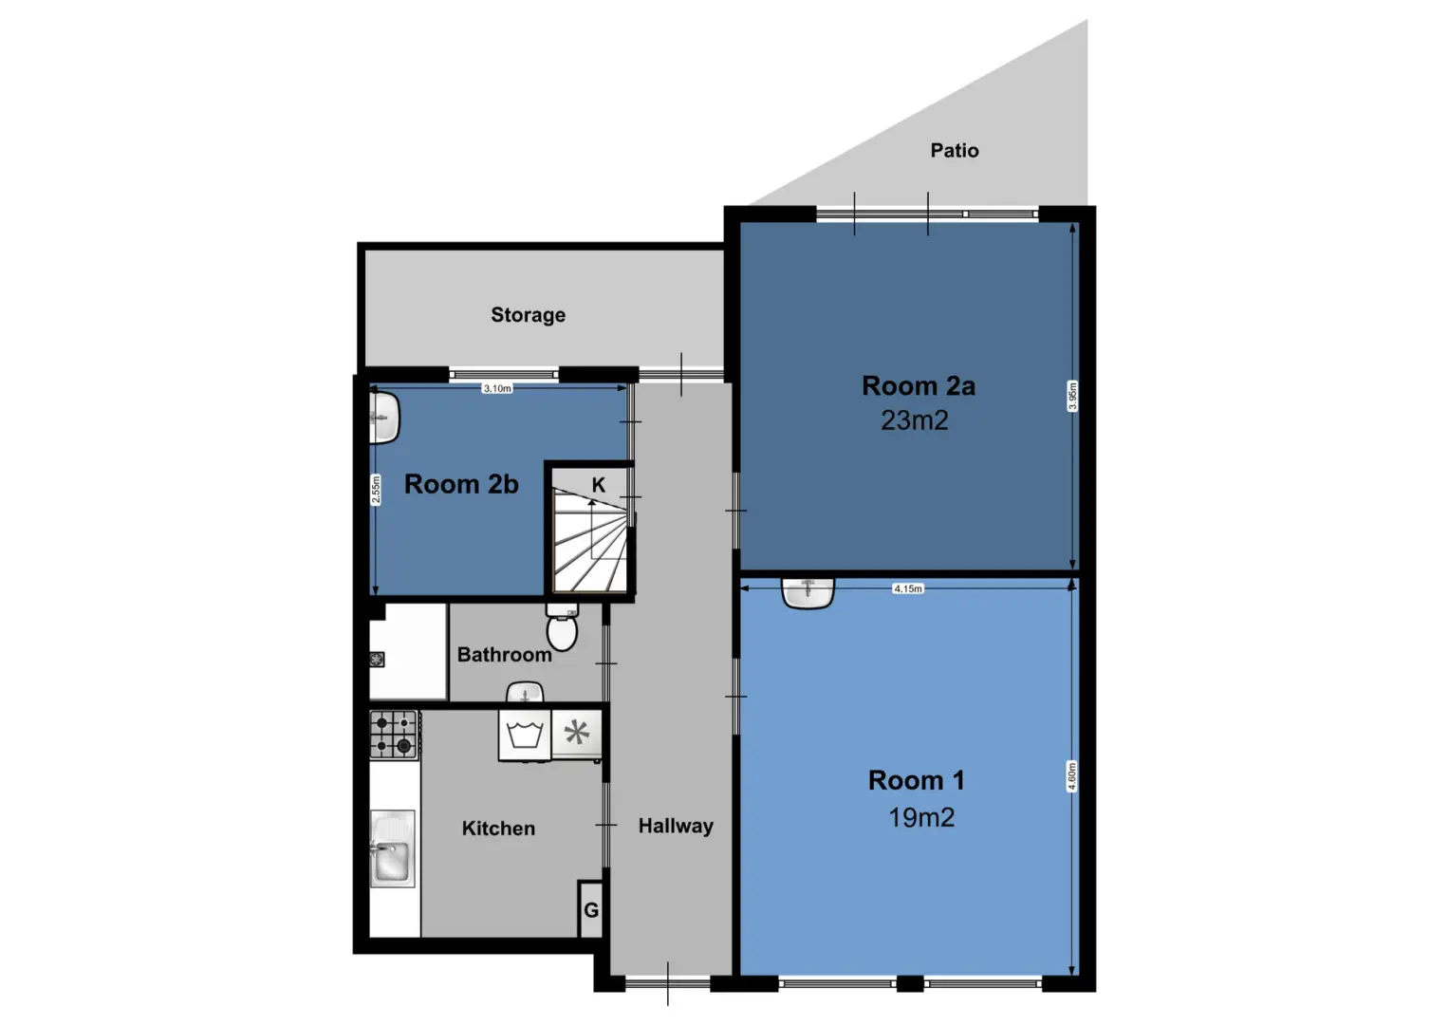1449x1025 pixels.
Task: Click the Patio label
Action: point(955,151)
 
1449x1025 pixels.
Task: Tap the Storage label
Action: point(528,315)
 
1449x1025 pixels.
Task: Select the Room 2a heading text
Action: point(918,386)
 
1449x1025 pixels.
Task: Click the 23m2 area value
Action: point(915,420)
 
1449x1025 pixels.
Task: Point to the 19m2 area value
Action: point(921,818)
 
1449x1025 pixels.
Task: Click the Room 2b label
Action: point(461,484)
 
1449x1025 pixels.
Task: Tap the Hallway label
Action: point(676,826)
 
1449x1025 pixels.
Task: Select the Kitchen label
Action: point(498,829)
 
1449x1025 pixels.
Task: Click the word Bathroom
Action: point(504,655)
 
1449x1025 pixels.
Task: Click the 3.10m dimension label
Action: point(497,388)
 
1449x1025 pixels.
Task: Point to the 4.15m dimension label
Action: point(907,588)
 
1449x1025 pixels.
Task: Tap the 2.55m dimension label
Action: point(376,489)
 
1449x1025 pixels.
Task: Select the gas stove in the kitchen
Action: point(394,735)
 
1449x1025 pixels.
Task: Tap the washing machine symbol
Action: point(525,736)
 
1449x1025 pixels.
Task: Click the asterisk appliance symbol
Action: point(576,733)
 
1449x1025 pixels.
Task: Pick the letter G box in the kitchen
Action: point(590,909)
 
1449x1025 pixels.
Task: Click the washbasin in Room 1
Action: point(808,593)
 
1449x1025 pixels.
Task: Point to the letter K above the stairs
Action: point(599,485)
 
